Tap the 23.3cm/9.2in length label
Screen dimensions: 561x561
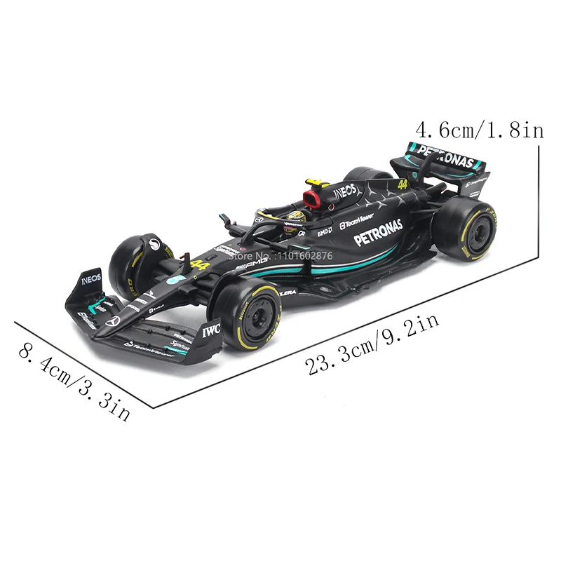pyautogui.click(x=372, y=344)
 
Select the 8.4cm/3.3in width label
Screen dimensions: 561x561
pyautogui.click(x=74, y=382)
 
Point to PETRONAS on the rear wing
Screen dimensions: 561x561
pyautogui.click(x=446, y=156)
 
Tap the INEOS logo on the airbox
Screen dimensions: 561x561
pyautogui.click(x=344, y=190)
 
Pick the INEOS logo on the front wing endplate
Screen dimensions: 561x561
pyautogui.click(x=91, y=278)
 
